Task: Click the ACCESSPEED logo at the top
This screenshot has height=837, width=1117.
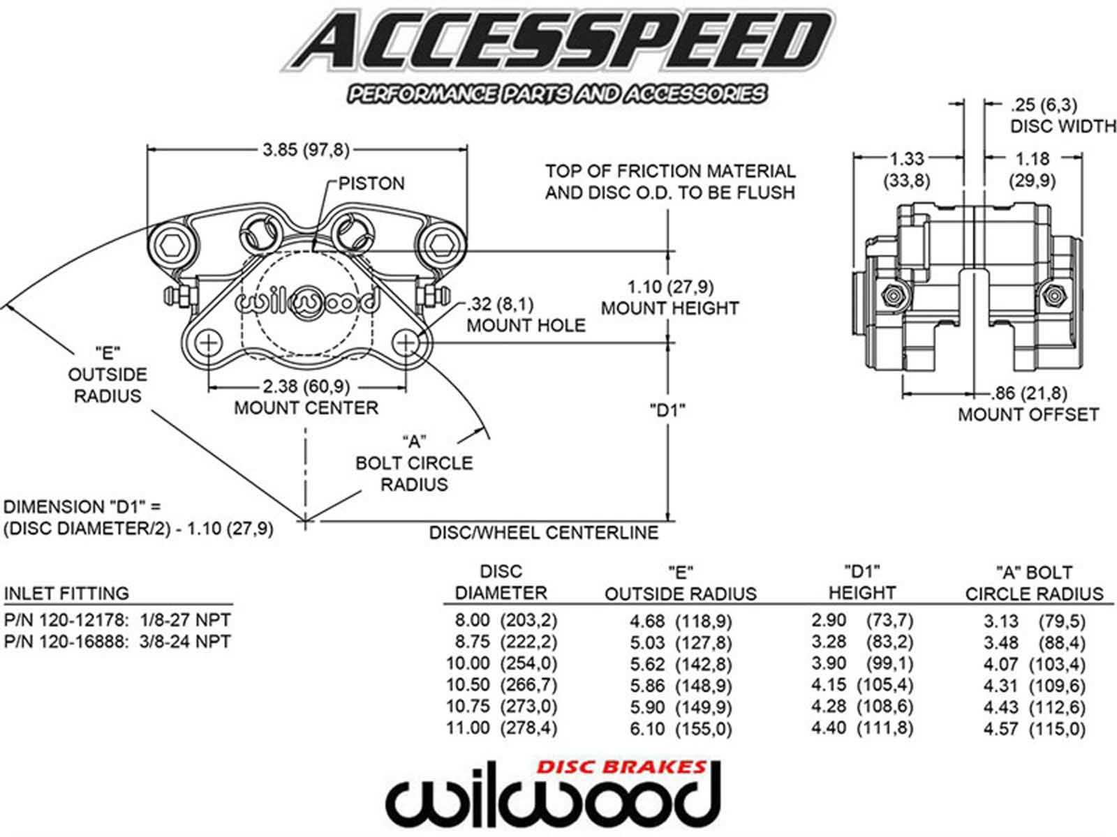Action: (x=558, y=42)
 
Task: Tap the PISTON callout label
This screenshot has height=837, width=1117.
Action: (x=371, y=183)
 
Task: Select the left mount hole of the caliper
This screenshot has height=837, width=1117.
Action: (x=209, y=343)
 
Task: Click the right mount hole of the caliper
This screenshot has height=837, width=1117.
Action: (x=406, y=343)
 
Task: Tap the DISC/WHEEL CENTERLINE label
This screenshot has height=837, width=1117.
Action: (x=543, y=533)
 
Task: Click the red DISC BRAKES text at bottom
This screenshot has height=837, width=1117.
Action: (x=621, y=767)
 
